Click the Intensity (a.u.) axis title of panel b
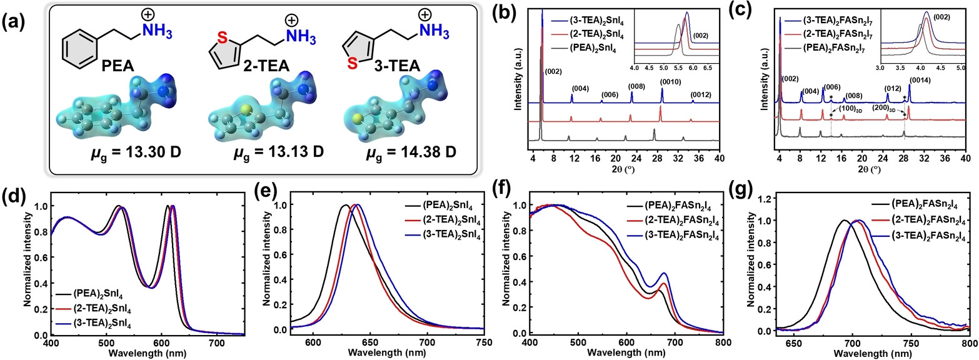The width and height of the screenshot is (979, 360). coord(518,81)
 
